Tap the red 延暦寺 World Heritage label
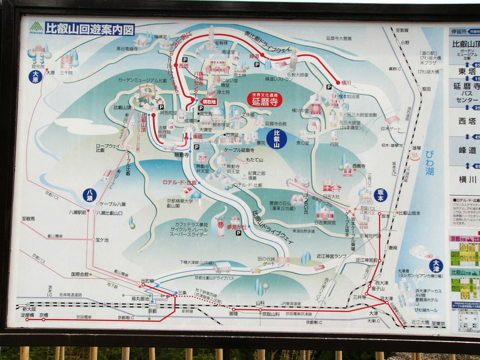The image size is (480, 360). [x=265, y=100]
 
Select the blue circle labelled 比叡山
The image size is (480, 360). [x=277, y=139]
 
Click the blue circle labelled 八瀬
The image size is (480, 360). [x=90, y=195]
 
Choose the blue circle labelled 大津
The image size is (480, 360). [x=436, y=266]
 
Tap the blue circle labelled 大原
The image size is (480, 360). [x=35, y=77]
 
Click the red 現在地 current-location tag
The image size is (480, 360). [x=209, y=102]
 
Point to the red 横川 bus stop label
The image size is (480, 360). [x=346, y=83]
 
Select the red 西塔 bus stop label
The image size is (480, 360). [x=184, y=66]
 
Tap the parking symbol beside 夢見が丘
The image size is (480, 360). [x=238, y=233]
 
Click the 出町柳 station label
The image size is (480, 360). [x=147, y=281]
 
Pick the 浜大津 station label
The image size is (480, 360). [x=386, y=298]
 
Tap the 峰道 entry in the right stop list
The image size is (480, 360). [x=467, y=150]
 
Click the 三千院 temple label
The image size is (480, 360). [x=66, y=73]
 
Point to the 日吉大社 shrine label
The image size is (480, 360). [x=331, y=197]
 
